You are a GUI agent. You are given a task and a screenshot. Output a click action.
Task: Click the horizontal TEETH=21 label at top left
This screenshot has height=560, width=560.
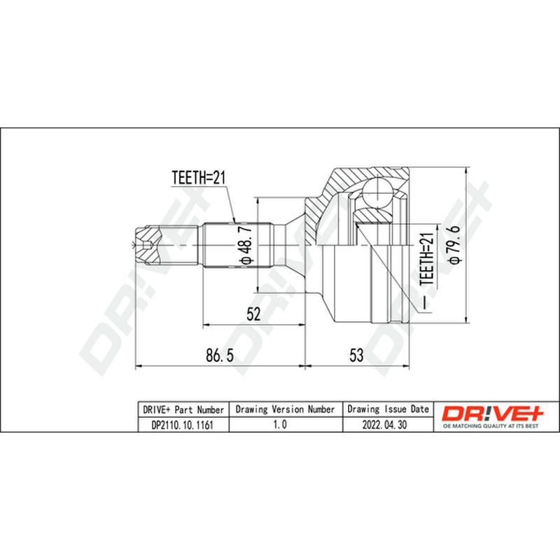click(199, 178)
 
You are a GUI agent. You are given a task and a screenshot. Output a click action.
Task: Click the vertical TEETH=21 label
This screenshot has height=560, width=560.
click(427, 258)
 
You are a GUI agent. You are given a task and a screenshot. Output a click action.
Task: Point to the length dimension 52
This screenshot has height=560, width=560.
click(254, 314)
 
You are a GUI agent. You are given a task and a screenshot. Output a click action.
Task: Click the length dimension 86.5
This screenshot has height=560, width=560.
click(220, 356)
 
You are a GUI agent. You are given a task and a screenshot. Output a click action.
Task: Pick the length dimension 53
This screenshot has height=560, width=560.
click(356, 356)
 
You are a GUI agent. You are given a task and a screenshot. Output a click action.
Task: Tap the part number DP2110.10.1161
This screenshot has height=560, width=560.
click(183, 425)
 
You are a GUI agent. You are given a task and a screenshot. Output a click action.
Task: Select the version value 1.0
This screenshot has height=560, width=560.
click(279, 424)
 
